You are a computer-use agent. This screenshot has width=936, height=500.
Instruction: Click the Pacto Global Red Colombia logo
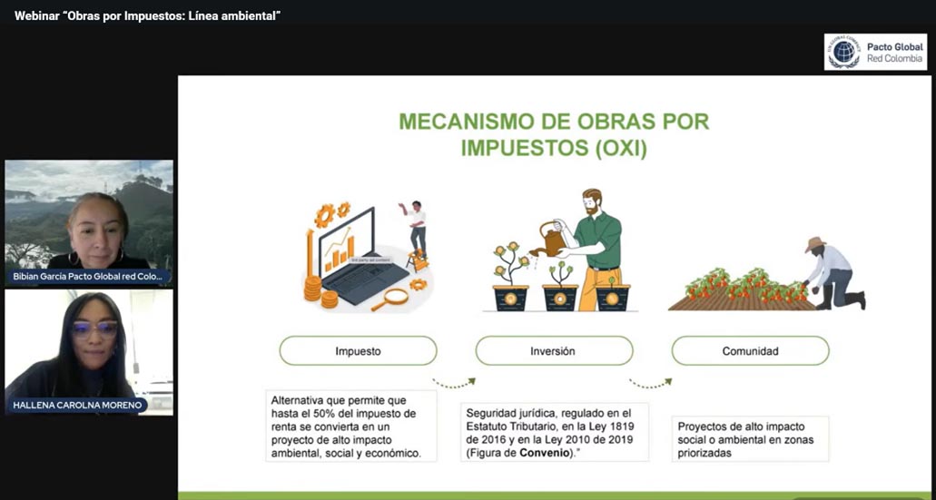[875, 52]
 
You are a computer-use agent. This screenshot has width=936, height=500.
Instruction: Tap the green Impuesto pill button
[358, 350]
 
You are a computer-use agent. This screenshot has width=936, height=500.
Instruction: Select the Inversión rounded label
[554, 350]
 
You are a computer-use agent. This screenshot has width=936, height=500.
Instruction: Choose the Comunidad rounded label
[750, 350]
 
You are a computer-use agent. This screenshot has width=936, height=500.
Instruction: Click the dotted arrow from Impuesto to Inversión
[453, 383]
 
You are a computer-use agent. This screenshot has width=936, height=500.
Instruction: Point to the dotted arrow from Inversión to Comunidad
[650, 383]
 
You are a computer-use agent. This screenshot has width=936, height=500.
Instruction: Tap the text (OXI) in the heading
[621, 149]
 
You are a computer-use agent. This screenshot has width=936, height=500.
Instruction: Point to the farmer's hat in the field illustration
[815, 244]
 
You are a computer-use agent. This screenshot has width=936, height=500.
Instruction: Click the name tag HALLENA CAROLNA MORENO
[77, 405]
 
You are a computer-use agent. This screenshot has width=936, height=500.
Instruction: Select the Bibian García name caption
[88, 276]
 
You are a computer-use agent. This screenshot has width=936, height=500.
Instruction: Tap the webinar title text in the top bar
[147, 16]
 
